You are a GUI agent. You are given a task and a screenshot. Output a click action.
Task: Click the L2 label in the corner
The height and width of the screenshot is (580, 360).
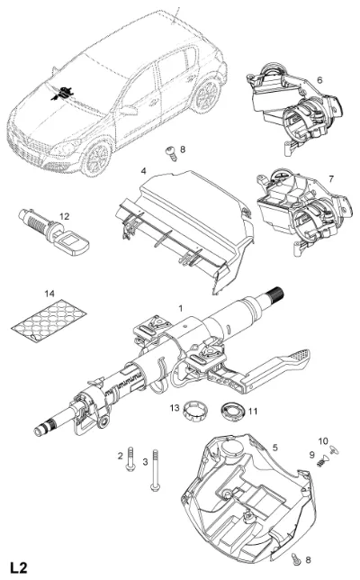coord(19,567)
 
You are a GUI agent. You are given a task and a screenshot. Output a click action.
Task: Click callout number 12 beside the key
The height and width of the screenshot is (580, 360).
coord(64,216)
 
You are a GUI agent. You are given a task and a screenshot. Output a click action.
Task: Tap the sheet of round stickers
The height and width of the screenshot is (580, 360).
coord(49,321)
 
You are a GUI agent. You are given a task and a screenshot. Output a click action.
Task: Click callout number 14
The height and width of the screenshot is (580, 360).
coord(49,294)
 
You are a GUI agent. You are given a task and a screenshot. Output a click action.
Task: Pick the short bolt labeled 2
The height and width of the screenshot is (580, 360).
coord(130,459)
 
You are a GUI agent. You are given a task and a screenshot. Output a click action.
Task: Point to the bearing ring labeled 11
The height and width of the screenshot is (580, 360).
coord(233,411)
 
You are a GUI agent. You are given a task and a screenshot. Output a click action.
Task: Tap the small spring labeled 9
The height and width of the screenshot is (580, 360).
coord(322,461)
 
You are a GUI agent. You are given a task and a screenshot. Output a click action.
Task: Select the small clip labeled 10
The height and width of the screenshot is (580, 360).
coord(335,449)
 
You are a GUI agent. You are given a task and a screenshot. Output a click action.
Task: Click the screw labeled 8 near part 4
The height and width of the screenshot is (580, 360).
coord(171,153)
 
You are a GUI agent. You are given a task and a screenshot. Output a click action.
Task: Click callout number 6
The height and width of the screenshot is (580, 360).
coord(319,79)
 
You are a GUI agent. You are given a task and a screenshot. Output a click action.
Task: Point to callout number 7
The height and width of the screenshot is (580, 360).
coord(331,179)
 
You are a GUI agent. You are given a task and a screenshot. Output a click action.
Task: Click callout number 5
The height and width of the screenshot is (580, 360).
coord(275,448)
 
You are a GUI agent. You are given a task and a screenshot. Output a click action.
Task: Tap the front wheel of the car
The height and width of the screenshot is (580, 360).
coord(97,159)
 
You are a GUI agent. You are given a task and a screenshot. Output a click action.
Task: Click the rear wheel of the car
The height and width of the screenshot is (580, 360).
coord(207,95)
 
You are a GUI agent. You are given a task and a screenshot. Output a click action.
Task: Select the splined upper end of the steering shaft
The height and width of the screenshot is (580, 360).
coord(275,295)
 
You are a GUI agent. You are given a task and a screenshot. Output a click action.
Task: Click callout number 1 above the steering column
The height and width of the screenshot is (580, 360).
coord(181,308)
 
